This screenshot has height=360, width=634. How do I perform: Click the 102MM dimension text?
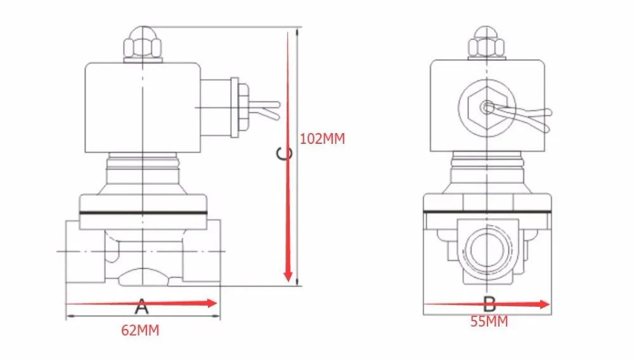pos(322,139)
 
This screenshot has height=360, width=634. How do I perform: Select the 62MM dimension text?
pos(140,330)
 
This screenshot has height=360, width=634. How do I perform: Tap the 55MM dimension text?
pos(489,321)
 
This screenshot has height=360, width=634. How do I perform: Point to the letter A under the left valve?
pos(141,306)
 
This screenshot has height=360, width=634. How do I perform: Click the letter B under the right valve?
pos(489,304)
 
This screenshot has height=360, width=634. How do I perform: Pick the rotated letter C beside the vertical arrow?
pos(284,153)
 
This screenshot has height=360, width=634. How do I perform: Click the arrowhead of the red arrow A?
pos(212,303)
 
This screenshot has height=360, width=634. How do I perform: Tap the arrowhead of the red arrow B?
pos(545,304)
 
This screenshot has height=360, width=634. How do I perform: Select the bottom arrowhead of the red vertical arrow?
pos(288,276)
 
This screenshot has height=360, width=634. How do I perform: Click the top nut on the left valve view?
pos(143,44)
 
